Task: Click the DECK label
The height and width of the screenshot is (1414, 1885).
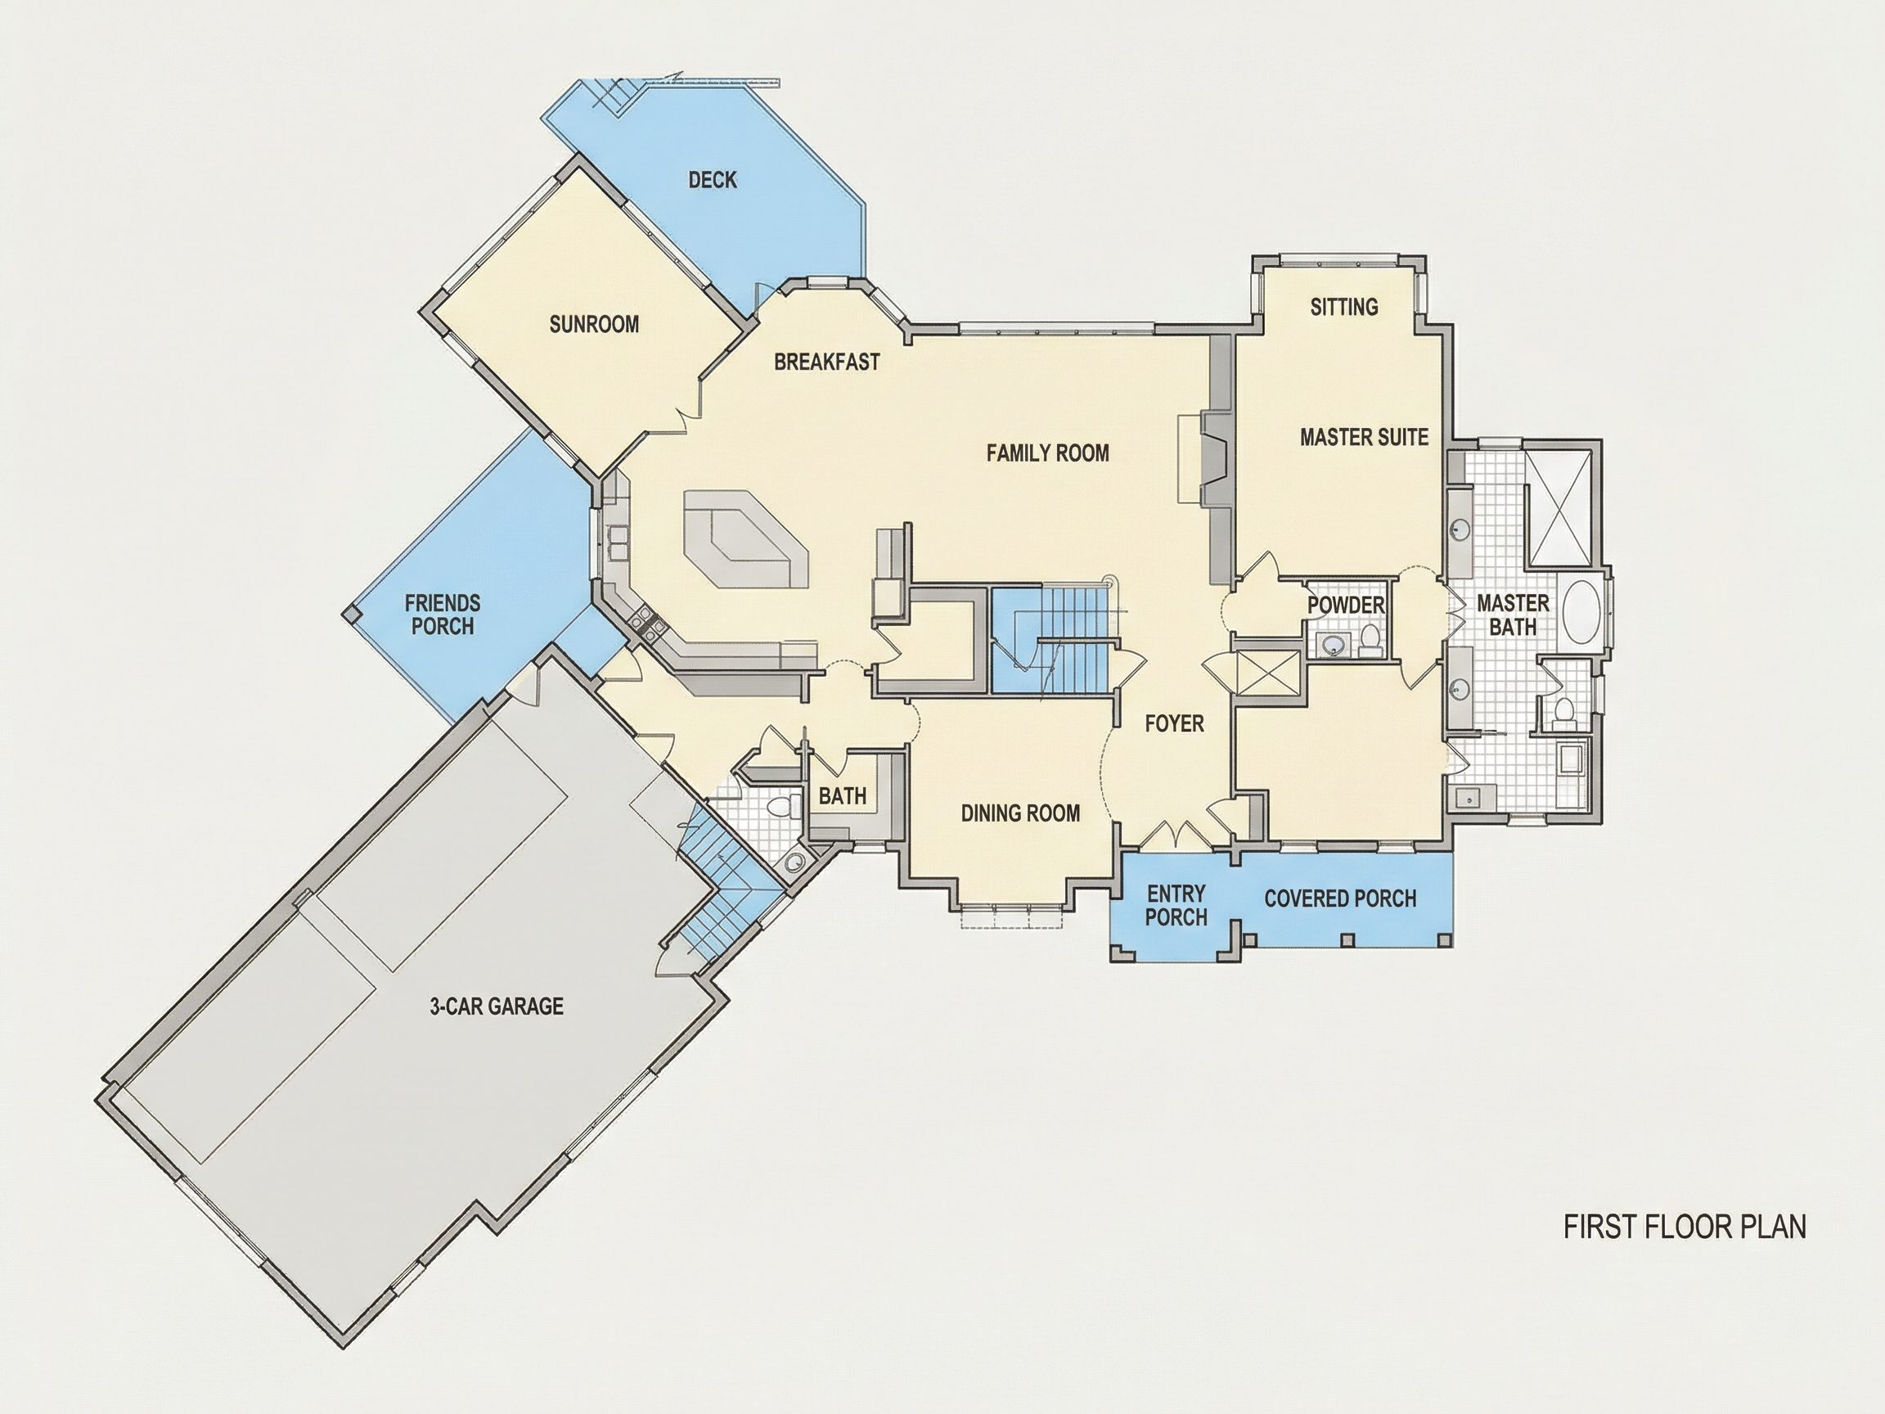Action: coord(713,180)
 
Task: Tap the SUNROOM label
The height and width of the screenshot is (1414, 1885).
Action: coord(594,324)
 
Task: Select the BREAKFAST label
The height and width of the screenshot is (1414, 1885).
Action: coord(826,362)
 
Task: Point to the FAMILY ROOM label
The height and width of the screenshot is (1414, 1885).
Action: coord(1047,453)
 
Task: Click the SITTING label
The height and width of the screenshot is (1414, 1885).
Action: coord(1344,307)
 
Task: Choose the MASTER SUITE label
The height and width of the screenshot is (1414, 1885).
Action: coord(1364,437)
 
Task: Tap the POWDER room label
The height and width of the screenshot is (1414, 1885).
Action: coord(1346,606)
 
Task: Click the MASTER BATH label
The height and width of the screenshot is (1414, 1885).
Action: coord(1513,615)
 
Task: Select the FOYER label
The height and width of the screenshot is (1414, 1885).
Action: coord(1174,723)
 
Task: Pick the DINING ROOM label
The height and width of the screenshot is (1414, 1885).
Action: coord(1020,813)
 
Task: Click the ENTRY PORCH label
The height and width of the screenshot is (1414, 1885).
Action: coord(1176,905)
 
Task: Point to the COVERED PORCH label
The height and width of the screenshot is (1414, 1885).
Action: coord(1339,898)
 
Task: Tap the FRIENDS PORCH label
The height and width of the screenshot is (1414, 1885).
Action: coord(443,615)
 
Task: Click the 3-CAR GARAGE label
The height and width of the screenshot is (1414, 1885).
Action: coord(496,1006)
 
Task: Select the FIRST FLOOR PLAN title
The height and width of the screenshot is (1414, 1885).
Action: coord(1685,1227)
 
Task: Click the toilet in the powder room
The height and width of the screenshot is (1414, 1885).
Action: coord(1370,639)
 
